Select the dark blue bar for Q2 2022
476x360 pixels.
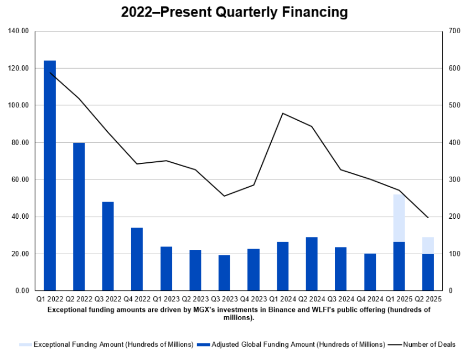point(79,217)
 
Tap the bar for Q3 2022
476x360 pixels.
point(108,246)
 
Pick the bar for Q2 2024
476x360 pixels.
point(312,264)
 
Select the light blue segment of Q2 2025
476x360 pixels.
point(428,245)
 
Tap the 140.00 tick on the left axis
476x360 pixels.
point(18,31)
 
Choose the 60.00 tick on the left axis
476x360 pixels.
point(20,179)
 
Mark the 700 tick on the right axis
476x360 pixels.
point(455,31)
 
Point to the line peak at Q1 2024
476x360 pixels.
point(283,114)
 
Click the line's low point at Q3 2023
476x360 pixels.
point(224,196)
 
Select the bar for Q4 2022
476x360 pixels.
point(137,259)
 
